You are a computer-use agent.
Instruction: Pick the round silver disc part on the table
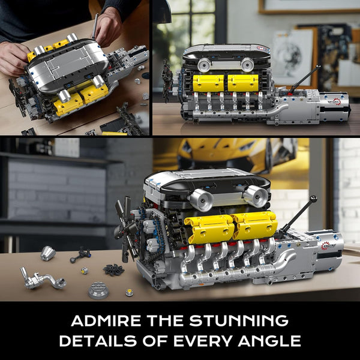coord(98,291)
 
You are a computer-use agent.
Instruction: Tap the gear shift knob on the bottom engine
coord(313,199)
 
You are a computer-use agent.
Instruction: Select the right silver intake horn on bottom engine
coord(255,196)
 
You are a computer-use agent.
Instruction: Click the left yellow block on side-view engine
coord(208,83)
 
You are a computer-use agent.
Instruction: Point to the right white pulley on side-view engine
coord(247,64)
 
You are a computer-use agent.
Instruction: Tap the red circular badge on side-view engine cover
coord(260,47)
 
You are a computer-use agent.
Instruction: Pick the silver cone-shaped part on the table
coord(48,253)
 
